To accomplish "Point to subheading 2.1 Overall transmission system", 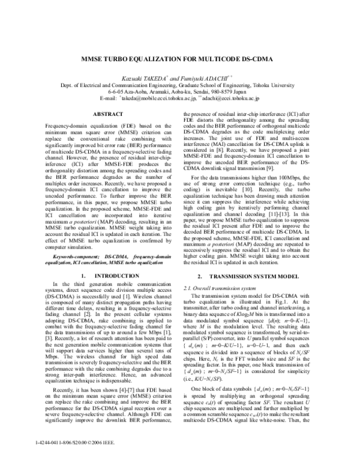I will point(217,288).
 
